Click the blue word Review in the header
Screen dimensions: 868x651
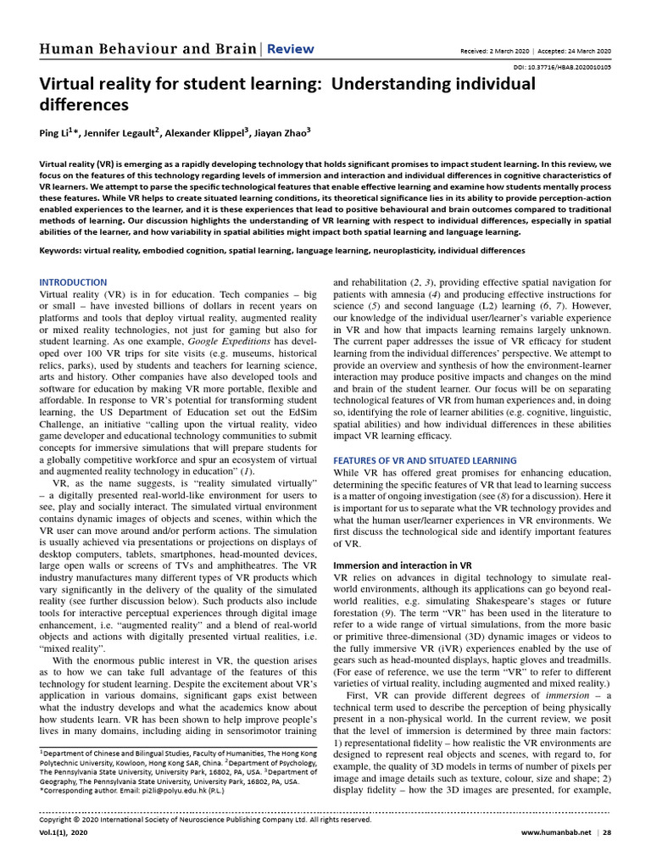[291, 49]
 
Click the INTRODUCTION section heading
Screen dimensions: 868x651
[74, 282]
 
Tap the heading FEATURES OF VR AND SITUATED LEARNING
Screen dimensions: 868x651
[425, 459]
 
